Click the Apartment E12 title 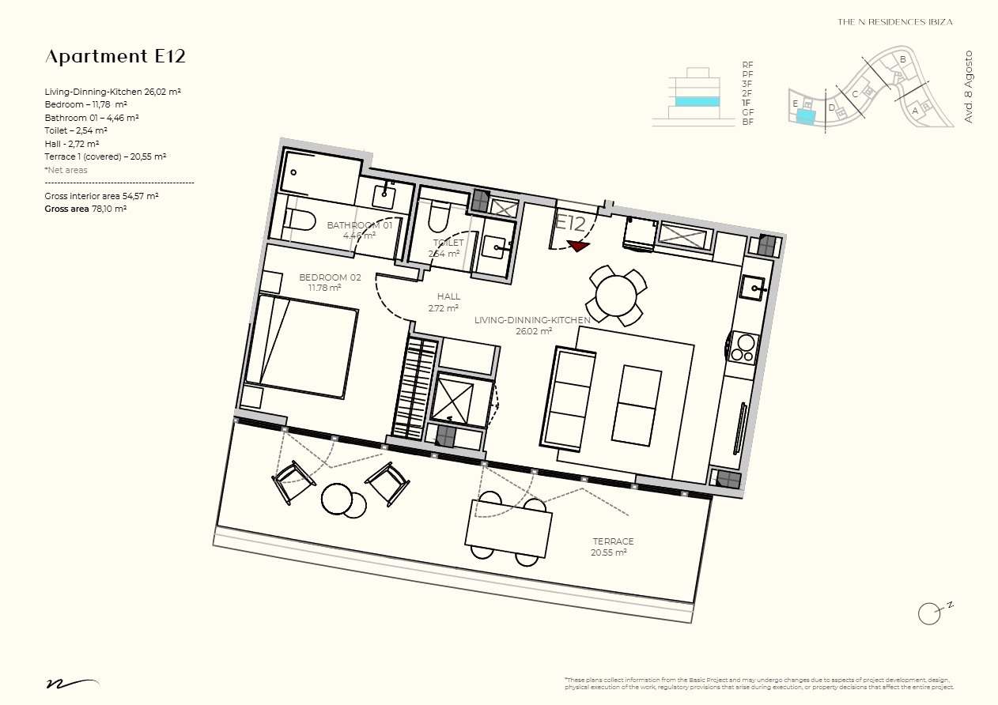pos(115,56)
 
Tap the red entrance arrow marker pos(579,246)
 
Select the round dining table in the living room pos(616,296)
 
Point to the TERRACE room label pos(613,541)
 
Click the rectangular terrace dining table pos(508,528)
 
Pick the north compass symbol pos(929,613)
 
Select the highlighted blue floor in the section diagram pos(697,101)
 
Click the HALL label pos(448,297)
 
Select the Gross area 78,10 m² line pos(85,209)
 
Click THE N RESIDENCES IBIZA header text pos(894,22)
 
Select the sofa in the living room pos(569,398)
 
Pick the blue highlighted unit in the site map pos(805,117)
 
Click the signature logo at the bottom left pos(71,682)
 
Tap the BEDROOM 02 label pos(330,277)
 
